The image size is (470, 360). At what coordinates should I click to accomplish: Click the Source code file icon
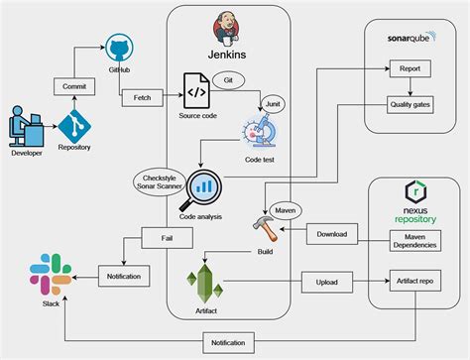point(195,90)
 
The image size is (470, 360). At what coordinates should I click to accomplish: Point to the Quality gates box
point(411,104)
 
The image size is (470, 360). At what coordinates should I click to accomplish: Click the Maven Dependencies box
point(414,240)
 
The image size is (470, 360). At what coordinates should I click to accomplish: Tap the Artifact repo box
point(414,282)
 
